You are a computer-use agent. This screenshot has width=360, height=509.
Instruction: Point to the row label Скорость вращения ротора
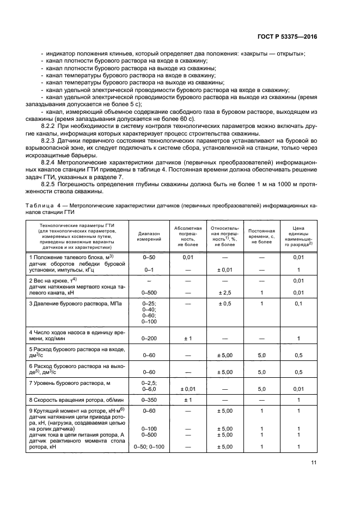coord(76,400)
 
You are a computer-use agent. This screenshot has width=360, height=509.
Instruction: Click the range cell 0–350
coord(149,400)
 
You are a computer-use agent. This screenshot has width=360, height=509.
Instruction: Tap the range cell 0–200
coord(149,338)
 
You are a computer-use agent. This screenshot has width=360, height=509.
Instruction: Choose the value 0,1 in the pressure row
coord(298,303)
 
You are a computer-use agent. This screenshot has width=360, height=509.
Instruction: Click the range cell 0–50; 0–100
coord(149,447)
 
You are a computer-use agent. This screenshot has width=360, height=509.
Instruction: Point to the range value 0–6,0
coord(149,389)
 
